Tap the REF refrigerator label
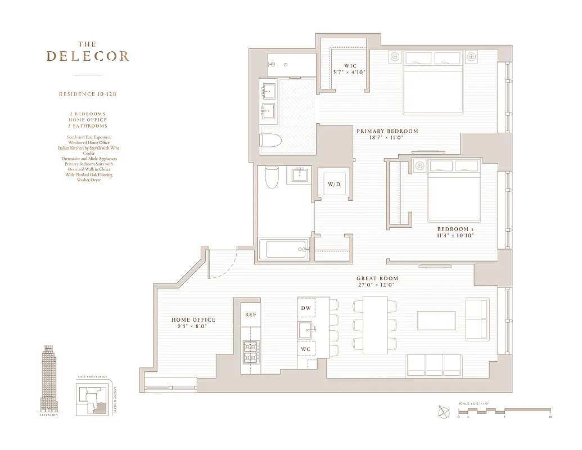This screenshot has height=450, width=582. pyautogui.click(x=250, y=314)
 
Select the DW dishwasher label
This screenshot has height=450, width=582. pyautogui.click(x=306, y=308)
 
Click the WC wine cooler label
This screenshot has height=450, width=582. pyautogui.click(x=306, y=349)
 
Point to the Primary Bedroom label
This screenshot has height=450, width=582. pyautogui.click(x=387, y=131)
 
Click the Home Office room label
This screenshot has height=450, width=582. pyautogui.click(x=193, y=319)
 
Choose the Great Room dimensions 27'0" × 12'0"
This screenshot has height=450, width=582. pyautogui.click(x=377, y=285)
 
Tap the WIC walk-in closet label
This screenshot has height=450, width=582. pyautogui.click(x=350, y=66)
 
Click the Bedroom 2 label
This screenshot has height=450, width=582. pyautogui.click(x=455, y=229)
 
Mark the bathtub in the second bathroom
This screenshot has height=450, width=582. pyautogui.click(x=284, y=249)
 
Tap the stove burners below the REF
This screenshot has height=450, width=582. pyautogui.click(x=250, y=352)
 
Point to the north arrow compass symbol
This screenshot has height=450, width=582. pyautogui.click(x=444, y=412)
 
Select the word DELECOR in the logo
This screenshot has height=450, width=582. pyautogui.click(x=88, y=56)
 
